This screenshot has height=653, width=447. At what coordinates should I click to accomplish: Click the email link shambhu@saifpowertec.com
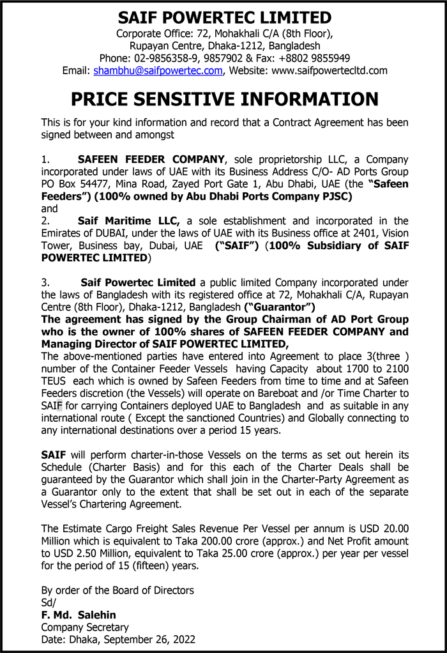coord(158,70)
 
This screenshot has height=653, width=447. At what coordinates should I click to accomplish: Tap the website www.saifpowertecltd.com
coord(330,70)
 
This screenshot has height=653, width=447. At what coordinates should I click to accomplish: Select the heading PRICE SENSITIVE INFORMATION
coord(224,99)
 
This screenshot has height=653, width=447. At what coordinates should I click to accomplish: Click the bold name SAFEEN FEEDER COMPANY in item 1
coord(151,159)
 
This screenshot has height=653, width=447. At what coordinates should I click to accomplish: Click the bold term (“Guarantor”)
coord(280,307)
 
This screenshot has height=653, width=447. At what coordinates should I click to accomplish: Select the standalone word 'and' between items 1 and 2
coord(49,208)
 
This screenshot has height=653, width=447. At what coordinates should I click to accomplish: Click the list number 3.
coord(45,282)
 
